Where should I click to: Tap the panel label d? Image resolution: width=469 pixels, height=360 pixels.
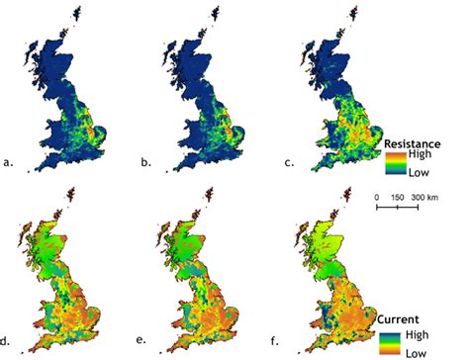pos(8,339)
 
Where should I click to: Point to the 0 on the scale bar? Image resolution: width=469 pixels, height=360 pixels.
pos(377,197)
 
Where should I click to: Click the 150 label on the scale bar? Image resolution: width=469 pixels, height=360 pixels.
pos(399,197)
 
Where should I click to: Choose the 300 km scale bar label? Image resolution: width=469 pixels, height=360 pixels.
pos(425,197)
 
